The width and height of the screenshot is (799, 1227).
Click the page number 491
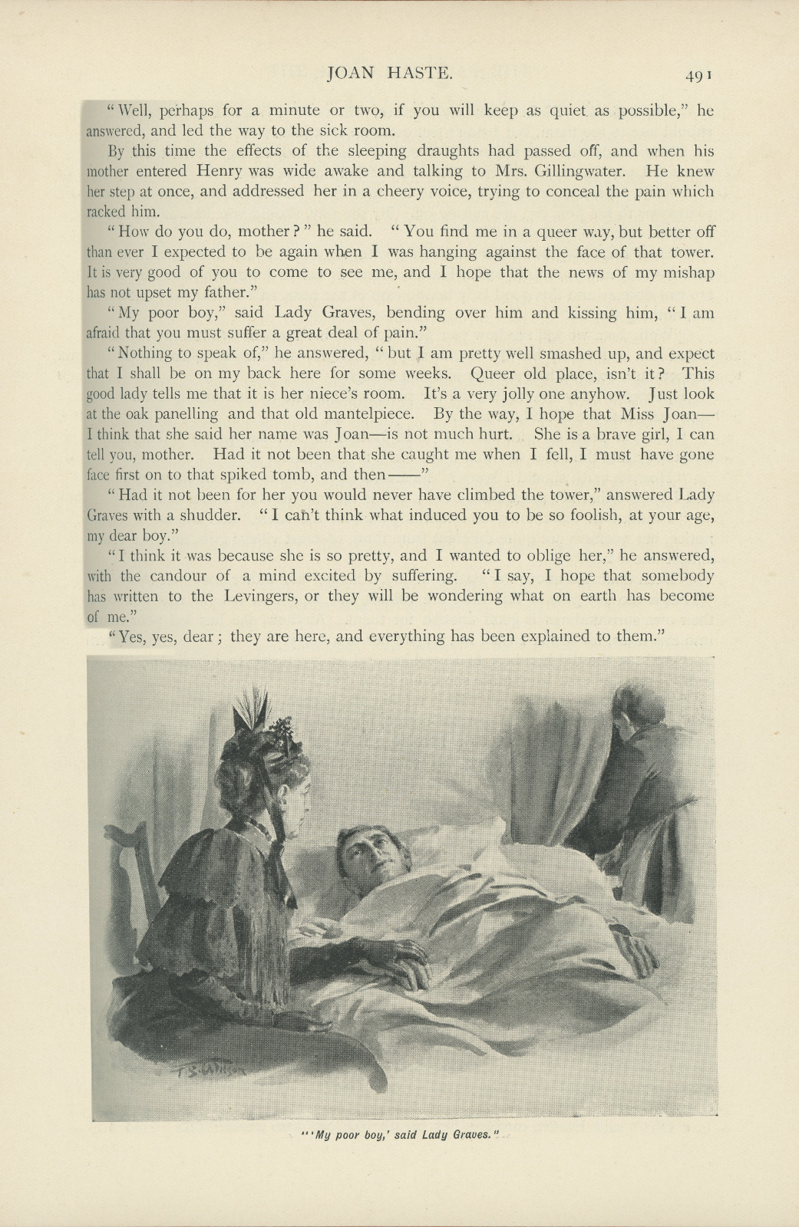(701, 74)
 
